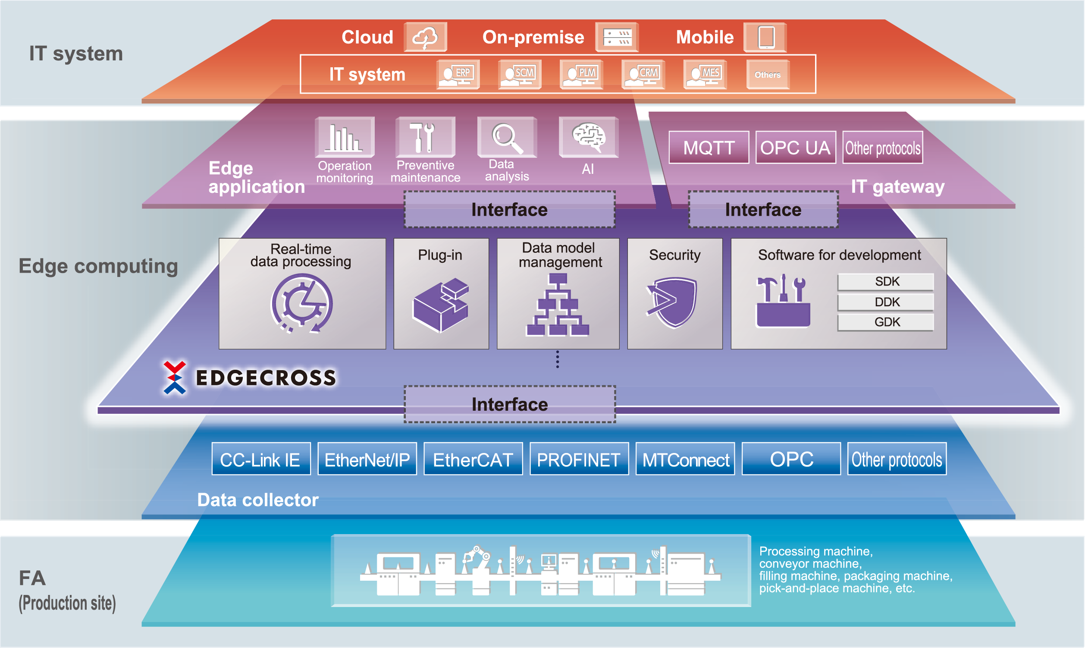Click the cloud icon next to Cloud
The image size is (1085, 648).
tap(425, 37)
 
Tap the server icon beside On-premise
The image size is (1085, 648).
tap(617, 37)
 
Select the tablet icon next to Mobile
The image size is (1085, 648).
tap(765, 37)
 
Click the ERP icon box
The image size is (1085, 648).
tap(458, 75)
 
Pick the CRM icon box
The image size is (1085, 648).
tap(643, 75)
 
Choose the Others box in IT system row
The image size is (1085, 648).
tap(767, 75)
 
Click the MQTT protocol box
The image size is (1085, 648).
tap(709, 148)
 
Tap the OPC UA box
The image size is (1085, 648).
tap(795, 148)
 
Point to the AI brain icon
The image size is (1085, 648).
tap(588, 136)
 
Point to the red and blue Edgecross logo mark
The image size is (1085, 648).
tap(175, 377)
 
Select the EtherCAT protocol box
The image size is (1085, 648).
tap(473, 459)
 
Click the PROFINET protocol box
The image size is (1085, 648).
tap(579, 459)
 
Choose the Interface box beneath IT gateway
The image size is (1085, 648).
tap(763, 210)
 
